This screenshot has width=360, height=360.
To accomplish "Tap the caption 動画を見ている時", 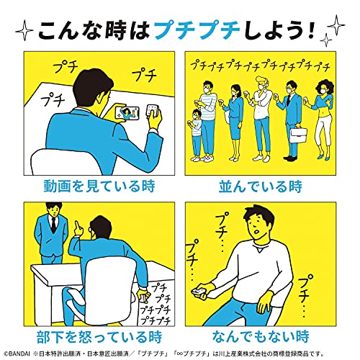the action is (99, 186).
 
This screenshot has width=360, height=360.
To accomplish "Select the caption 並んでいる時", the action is (261, 186).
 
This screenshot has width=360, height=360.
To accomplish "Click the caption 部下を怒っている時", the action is (99, 337).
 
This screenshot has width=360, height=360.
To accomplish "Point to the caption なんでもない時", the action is (261, 336).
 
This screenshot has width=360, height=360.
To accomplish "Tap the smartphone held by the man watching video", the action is (127, 112).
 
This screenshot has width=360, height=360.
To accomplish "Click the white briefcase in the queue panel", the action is (298, 135).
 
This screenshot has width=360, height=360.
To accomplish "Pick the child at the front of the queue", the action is (196, 135).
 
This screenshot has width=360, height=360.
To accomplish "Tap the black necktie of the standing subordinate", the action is (54, 225).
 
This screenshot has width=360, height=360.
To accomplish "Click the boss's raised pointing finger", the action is (77, 225).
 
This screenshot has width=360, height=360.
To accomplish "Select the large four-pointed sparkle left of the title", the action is (24, 31).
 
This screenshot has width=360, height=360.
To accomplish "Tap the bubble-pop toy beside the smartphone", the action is (153, 110).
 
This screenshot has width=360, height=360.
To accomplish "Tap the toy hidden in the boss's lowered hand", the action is (143, 298).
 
